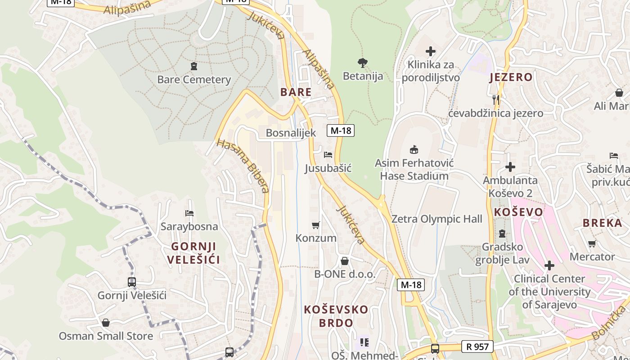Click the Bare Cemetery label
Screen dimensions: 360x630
click(194, 80)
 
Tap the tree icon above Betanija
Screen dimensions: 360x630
click(363, 63)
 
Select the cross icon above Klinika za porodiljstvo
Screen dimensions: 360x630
click(431, 51)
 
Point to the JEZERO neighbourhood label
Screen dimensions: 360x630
click(511, 77)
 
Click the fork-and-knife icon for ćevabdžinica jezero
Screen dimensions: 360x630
click(496, 99)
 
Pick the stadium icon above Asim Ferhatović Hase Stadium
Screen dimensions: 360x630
click(414, 149)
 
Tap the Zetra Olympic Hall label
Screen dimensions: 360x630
click(436, 219)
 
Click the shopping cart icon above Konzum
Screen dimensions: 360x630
click(316, 225)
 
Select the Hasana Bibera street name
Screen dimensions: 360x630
click(243, 166)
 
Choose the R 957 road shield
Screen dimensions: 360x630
click(477, 346)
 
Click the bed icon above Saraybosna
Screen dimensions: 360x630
click(189, 213)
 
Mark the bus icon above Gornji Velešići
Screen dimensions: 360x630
click(132, 282)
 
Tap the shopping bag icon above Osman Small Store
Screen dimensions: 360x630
click(106, 323)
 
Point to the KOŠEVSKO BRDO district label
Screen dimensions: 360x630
click(336, 316)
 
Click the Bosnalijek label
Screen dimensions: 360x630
click(291, 133)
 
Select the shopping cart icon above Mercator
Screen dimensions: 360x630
click(592, 243)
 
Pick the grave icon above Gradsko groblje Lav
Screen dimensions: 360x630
click(502, 234)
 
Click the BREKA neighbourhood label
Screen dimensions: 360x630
click(602, 223)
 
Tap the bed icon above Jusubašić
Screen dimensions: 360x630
click(328, 155)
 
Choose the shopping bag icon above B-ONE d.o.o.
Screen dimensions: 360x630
click(345, 261)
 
